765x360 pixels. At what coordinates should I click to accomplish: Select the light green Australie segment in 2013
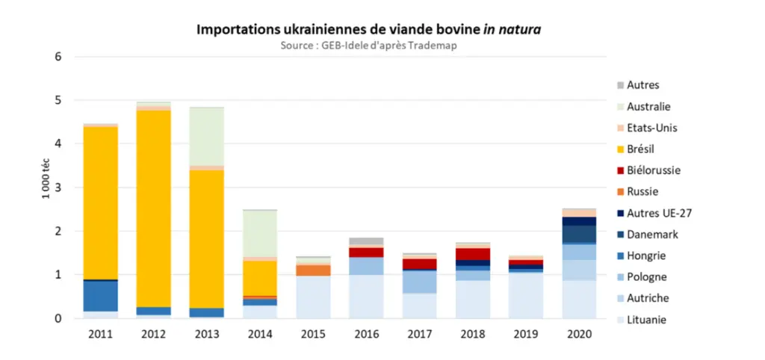[207, 137]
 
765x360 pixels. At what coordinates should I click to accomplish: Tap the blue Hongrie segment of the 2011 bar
[101, 296]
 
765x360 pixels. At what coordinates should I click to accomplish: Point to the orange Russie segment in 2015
[313, 270]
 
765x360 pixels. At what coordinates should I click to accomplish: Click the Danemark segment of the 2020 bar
[579, 234]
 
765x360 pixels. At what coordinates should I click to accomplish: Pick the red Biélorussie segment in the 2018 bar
[473, 254]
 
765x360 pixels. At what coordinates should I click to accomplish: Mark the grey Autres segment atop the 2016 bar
[366, 241]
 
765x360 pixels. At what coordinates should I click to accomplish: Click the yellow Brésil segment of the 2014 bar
[260, 279]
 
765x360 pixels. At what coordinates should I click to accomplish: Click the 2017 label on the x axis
[420, 334]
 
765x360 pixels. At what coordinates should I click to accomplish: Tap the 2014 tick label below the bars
[260, 334]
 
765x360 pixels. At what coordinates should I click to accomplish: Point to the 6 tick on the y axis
[58, 57]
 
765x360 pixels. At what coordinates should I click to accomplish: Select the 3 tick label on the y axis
[58, 187]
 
